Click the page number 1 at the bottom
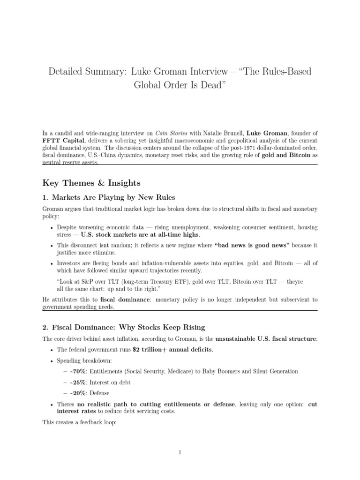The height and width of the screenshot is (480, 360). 180,452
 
